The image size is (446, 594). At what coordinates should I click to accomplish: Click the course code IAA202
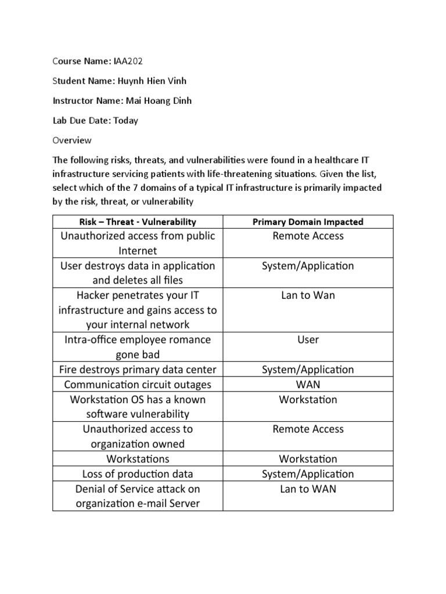pos(128,61)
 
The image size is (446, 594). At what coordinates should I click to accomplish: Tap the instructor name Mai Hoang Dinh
pos(159,100)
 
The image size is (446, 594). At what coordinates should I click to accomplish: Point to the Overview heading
pos(72,140)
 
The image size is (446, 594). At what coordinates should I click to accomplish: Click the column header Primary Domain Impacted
pos(308,222)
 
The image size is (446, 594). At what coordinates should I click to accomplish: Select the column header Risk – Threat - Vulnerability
pos(138,222)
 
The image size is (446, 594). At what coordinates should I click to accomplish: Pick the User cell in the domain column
pos(308,339)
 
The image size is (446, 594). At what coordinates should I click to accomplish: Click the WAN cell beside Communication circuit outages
pos(308,384)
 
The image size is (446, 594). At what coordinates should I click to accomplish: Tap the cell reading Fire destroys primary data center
pos(138,370)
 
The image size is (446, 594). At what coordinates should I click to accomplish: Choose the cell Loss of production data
pos(138,474)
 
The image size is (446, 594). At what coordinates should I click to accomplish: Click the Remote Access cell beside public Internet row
pos(308,236)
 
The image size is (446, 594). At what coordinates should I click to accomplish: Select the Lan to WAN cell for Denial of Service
pos(308,488)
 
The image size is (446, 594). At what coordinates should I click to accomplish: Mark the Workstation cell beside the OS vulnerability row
pos(308,399)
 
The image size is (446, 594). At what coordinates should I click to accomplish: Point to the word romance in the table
pos(188,339)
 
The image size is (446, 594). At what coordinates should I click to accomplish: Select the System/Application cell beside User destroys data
pos(308,266)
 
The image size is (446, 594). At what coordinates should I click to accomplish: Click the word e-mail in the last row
pos(153,504)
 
